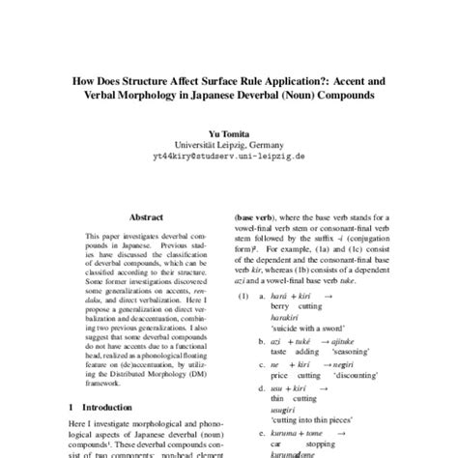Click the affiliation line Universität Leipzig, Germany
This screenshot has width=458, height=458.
(x=229, y=143)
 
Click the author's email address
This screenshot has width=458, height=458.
(x=229, y=156)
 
